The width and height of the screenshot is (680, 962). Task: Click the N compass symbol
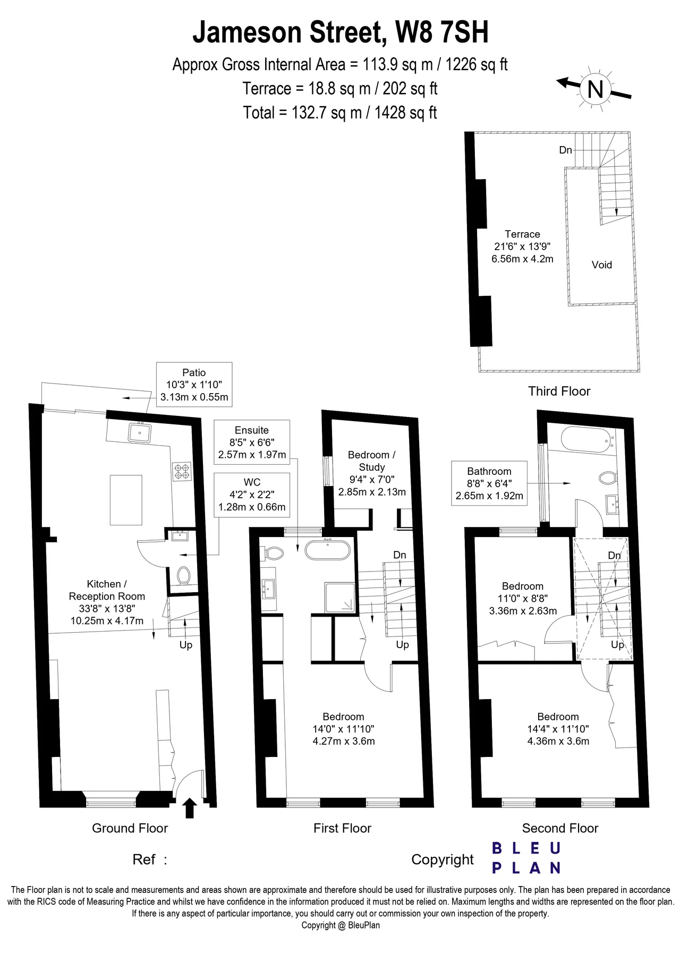[595, 89]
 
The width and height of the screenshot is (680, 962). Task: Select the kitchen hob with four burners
[182, 472]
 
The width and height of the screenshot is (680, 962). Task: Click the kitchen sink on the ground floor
[140, 432]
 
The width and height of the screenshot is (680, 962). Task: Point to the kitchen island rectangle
[126, 500]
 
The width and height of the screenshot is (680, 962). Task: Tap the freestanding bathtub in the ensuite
[328, 549]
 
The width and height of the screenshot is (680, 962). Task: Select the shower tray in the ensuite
[340, 597]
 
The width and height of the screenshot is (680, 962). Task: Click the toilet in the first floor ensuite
[273, 553]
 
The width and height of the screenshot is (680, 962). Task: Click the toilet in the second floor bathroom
[609, 478]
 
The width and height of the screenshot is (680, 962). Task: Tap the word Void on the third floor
[602, 265]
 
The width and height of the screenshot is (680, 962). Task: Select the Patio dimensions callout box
[194, 385]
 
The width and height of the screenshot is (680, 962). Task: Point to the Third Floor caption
[559, 391]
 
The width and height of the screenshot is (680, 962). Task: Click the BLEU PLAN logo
[526, 858]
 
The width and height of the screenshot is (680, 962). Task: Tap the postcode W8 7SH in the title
[442, 32]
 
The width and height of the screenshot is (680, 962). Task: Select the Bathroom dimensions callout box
[489, 483]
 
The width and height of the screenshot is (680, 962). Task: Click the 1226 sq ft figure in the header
[476, 65]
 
